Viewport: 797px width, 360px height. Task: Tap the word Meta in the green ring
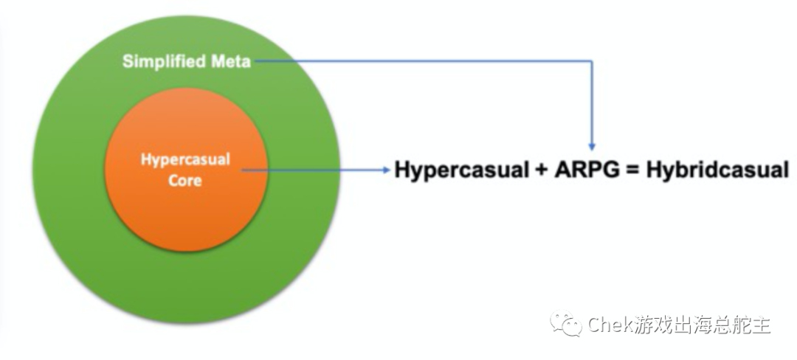229,61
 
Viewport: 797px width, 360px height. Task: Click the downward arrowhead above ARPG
592,146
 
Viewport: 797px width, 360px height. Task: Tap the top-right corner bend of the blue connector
592,61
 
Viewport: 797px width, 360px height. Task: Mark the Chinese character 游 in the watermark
644,325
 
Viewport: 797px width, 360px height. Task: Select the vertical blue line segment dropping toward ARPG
592,103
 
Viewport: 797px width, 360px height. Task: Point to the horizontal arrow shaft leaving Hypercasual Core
310,170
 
